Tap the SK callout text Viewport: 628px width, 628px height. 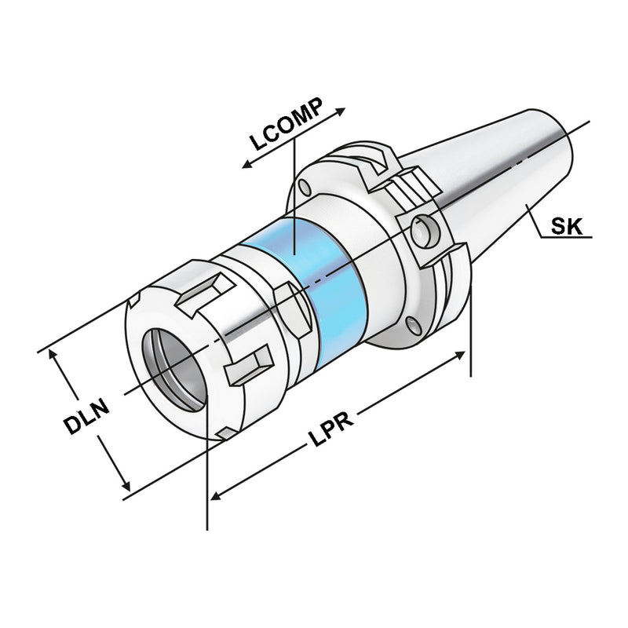[566, 227]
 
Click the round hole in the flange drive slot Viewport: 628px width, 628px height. [426, 228]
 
